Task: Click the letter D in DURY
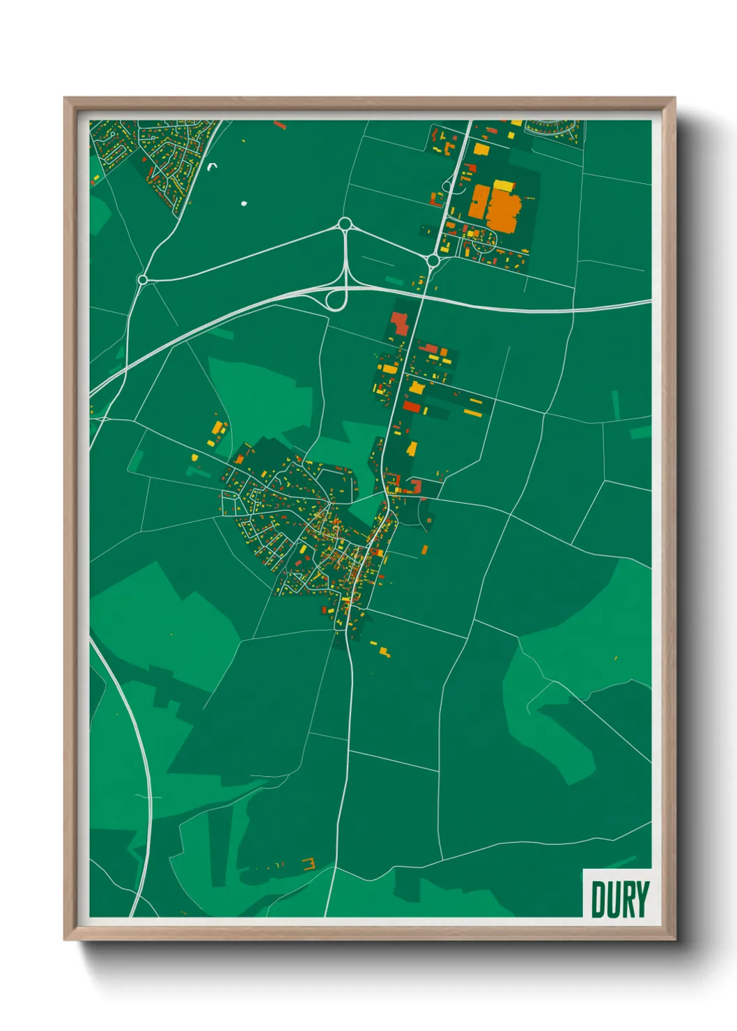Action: (x=598, y=899)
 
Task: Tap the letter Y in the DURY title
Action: (x=642, y=899)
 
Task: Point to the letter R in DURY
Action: (x=628, y=899)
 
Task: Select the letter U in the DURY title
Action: (x=613, y=899)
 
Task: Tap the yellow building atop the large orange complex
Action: (x=503, y=185)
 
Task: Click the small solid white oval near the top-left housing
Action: (x=244, y=203)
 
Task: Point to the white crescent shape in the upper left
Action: (x=213, y=166)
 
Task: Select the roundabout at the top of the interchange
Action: (x=344, y=224)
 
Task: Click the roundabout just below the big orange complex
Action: (x=433, y=261)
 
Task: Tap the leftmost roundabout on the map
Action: (x=143, y=279)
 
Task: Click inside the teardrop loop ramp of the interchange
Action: (x=336, y=300)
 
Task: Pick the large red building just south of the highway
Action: (x=398, y=323)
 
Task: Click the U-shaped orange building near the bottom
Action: (x=309, y=865)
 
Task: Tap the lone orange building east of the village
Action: (x=425, y=550)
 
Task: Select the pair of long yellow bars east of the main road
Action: (x=473, y=408)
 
